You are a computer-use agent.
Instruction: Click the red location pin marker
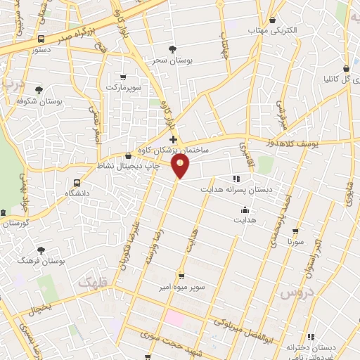181,166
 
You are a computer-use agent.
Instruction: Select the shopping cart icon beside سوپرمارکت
124,77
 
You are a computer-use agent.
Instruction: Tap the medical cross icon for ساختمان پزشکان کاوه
174,140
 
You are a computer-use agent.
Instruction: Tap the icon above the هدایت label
244,210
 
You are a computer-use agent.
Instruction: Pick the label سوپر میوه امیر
181,285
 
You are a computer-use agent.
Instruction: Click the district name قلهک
90,282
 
